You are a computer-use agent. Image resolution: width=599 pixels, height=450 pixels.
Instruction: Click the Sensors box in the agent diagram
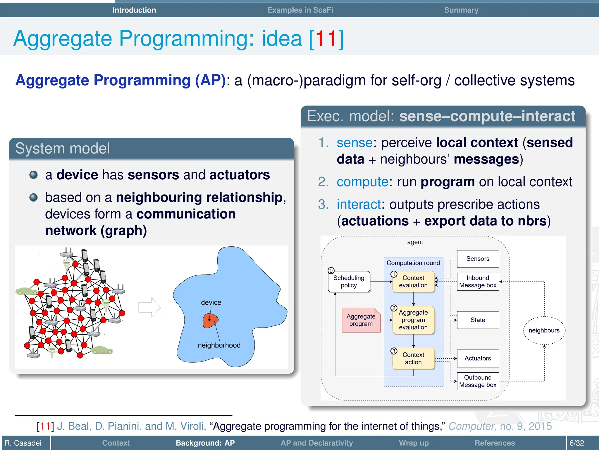click(478, 259)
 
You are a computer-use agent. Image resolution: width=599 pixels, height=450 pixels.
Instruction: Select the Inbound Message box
click(478, 282)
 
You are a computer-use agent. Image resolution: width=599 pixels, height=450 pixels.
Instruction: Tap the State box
click(478, 320)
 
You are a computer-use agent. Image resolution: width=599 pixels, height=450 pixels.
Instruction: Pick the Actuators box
click(478, 358)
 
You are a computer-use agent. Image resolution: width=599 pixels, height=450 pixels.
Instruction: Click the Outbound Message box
click(478, 381)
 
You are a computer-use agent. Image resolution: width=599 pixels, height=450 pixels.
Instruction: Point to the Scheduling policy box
click(349, 282)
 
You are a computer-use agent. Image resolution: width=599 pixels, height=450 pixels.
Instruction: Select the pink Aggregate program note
click(361, 320)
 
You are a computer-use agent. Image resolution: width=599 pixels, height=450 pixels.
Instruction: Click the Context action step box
click(413, 358)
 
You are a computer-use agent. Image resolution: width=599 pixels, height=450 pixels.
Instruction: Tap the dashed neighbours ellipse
click(544, 330)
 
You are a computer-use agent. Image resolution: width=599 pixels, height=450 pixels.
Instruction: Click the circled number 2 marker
click(394, 308)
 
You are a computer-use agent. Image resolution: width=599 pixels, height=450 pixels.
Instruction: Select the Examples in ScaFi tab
click(300, 10)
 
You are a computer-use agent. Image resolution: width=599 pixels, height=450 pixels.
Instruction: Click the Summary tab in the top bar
click(461, 10)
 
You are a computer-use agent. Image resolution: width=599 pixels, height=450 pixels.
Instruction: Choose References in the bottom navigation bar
click(495, 443)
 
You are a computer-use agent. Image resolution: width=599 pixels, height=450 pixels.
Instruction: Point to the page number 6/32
click(576, 443)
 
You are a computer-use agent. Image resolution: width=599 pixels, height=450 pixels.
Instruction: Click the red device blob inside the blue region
click(210, 321)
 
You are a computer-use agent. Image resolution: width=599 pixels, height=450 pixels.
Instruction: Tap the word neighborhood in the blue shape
click(219, 345)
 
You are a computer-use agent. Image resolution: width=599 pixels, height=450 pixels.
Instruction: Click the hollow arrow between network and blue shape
click(149, 307)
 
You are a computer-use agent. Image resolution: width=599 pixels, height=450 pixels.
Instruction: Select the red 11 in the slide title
click(326, 39)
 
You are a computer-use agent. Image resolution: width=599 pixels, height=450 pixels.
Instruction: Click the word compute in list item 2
click(362, 182)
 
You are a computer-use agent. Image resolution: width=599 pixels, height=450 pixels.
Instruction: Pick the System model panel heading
click(63, 148)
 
